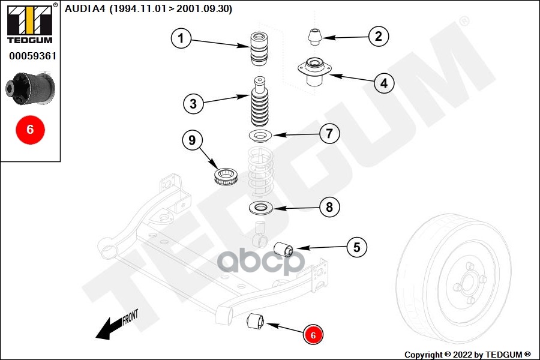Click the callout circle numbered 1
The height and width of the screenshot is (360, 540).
(181, 38)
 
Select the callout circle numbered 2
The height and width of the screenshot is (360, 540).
(379, 36)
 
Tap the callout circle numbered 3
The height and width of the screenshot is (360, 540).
(193, 103)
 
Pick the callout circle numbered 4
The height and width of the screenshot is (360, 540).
(384, 83)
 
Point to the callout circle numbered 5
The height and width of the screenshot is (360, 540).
(357, 247)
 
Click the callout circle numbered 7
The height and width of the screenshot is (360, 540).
(329, 133)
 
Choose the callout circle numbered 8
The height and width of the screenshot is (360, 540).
(329, 207)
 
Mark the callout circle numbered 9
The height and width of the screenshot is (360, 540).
(192, 140)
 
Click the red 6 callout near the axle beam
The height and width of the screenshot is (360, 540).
(313, 335)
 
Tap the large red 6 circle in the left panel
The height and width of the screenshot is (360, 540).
(31, 130)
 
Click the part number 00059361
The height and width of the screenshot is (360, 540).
(33, 56)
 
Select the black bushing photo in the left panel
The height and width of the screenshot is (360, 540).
(31, 88)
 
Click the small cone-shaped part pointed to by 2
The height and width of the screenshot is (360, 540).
(315, 37)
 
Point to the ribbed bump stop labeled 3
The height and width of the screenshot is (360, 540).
(260, 102)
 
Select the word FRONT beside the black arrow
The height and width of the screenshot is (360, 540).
(131, 317)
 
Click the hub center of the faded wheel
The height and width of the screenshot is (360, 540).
(468, 284)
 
